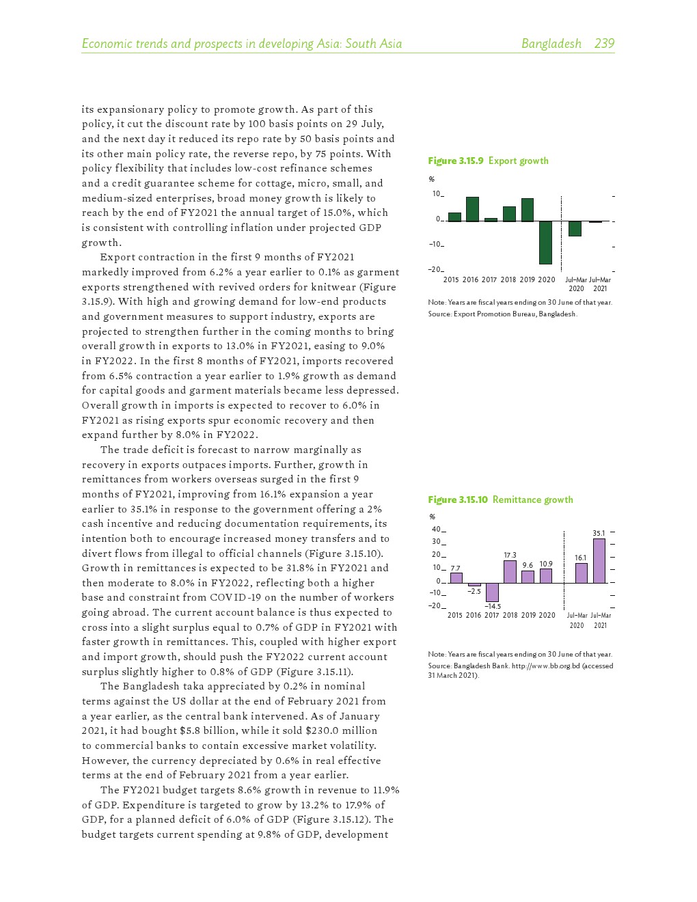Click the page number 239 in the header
604,44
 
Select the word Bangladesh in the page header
551,44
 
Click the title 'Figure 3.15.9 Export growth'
488,161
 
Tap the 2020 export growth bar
545,242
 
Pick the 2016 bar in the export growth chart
472,209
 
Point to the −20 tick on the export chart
435,269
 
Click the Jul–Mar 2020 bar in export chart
575,228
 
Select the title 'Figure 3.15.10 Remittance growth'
500,500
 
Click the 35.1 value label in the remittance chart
599,533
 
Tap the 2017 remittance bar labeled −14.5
492,592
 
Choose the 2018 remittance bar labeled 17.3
510,571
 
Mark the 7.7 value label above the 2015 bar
455,569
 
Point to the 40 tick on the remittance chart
436,529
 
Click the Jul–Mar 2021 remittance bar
599,561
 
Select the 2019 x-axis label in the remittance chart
528,615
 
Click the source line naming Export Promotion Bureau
502,314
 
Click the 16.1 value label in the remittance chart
580,558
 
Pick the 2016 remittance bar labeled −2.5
474,584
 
